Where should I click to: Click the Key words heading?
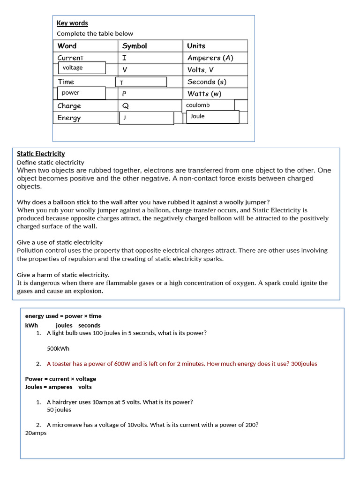point(72,23)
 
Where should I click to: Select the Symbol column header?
point(135,46)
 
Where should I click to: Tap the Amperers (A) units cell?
point(210,58)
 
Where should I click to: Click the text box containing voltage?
point(82,68)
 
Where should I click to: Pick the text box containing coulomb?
point(208,105)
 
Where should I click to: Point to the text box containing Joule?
point(212,117)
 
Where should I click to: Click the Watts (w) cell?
point(204,94)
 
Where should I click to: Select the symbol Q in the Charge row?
point(126,106)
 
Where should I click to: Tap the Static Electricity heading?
point(41,154)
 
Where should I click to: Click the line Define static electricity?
point(51,162)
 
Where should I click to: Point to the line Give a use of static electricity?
point(60,242)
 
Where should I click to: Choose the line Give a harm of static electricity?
point(63,275)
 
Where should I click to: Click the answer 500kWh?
point(58,349)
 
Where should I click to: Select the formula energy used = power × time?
point(63,316)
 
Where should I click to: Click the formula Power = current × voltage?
point(60,379)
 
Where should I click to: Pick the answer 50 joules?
point(59,410)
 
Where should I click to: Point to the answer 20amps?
point(36,433)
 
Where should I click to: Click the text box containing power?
point(82,93)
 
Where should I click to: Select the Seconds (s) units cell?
point(207,82)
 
